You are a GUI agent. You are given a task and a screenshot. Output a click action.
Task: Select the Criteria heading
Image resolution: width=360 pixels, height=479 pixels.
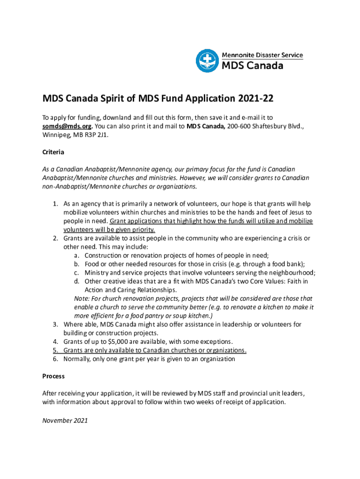tap(53, 152)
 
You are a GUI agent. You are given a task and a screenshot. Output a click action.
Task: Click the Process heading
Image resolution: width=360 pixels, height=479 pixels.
tap(53, 376)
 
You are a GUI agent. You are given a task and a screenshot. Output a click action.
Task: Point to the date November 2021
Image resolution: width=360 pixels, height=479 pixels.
tap(65, 421)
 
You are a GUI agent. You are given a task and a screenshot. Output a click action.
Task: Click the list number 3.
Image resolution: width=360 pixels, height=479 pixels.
tap(55, 324)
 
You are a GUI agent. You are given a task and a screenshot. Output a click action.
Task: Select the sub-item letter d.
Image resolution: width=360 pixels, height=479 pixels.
tap(76, 281)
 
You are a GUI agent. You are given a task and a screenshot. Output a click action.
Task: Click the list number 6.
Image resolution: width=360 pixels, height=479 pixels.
tap(55, 359)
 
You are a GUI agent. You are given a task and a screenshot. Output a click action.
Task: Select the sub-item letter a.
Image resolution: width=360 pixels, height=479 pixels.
tap(76, 255)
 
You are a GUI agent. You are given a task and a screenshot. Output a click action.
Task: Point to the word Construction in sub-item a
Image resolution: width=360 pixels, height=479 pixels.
tap(104, 255)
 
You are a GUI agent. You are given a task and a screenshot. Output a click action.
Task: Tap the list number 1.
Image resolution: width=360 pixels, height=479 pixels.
tap(55, 203)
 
